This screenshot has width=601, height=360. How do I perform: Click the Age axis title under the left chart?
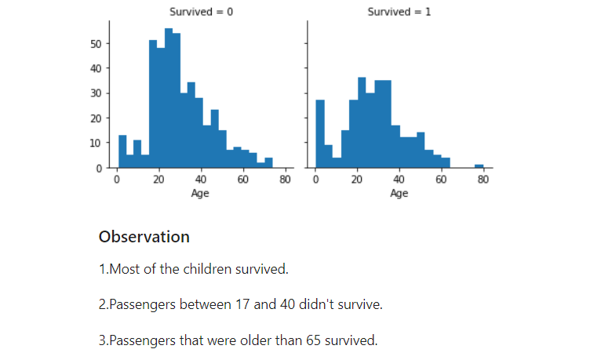pos(200,193)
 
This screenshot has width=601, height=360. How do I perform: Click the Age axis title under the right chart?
pos(399,193)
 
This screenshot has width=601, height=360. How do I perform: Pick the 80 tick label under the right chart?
pos(483,180)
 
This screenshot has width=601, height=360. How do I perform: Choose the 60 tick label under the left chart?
pos(243,180)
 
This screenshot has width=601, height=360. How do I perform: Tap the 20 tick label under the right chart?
pos(357,180)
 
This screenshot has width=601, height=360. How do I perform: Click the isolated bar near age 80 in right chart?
pos(479,166)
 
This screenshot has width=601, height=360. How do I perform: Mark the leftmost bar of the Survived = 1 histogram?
pos(320,133)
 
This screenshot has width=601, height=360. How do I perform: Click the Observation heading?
pos(144,237)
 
